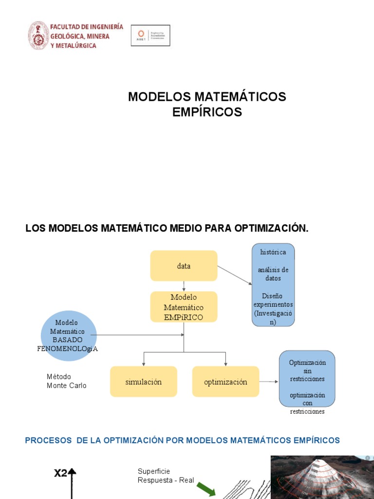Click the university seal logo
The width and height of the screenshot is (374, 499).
pyautogui.click(x=38, y=35)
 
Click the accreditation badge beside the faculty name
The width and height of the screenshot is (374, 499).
pyautogui.click(x=150, y=36)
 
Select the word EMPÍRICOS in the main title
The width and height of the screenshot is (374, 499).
pyautogui.click(x=207, y=112)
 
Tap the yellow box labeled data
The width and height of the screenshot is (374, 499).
pyautogui.click(x=184, y=266)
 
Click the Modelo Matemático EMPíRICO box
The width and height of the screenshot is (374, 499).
pyautogui.click(x=184, y=307)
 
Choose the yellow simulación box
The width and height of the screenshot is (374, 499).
pyautogui.click(x=143, y=382)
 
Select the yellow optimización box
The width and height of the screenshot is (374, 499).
pyautogui.click(x=225, y=382)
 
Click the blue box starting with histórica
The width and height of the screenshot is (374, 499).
pyautogui.click(x=273, y=285)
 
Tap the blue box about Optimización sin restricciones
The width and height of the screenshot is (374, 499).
pyautogui.click(x=307, y=378)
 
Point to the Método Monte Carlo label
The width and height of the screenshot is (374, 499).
pyautogui.click(x=66, y=381)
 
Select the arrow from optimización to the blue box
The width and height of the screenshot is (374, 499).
pyautogui.click(x=268, y=382)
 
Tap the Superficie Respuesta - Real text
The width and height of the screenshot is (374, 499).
pyautogui.click(x=166, y=476)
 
